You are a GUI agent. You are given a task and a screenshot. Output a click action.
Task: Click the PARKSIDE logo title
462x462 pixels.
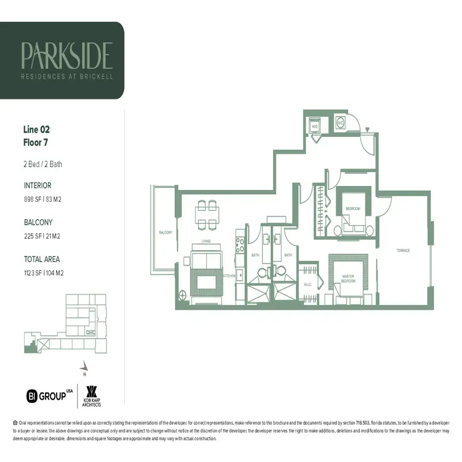coord(66,55)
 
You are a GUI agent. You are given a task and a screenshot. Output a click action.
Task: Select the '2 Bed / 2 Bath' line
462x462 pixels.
coord(43,164)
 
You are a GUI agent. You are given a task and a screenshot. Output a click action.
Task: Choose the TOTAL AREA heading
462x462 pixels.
coord(42,259)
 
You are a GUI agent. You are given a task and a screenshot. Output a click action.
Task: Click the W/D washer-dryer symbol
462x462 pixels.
coord(315,125)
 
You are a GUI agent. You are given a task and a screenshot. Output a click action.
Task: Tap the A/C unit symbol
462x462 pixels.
coord(340,123)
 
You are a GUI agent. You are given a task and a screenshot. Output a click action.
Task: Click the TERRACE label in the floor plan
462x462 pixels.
coord(403,251)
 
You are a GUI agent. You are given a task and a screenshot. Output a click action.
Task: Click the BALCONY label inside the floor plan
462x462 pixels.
coord(166,232)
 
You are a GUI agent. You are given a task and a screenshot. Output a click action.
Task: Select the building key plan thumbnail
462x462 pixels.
coord(65,323)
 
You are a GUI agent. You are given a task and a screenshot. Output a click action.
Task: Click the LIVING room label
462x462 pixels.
coord(206,240)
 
